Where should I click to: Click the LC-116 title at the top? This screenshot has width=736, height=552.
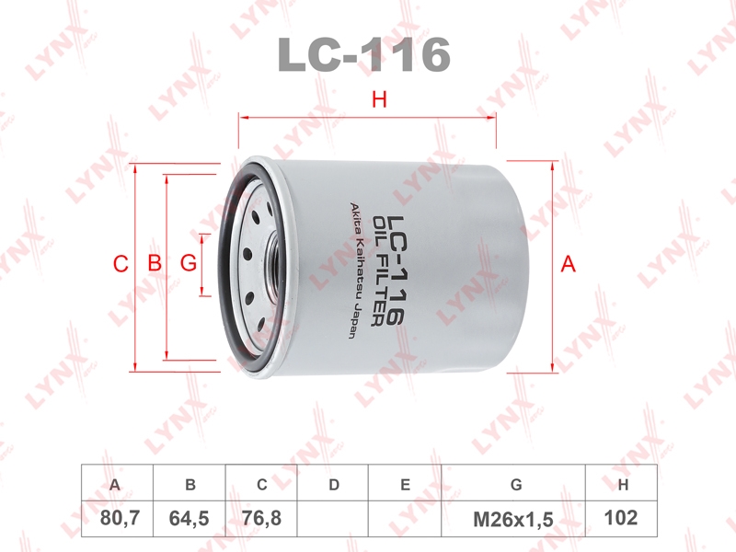pyautogui.click(x=364, y=55)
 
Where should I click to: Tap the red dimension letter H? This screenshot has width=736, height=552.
pyautogui.click(x=379, y=99)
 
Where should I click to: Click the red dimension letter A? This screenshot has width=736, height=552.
pyautogui.click(x=568, y=264)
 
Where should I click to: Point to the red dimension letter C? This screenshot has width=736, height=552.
pyautogui.click(x=121, y=264)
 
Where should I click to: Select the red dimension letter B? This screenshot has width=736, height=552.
pyautogui.click(x=155, y=263)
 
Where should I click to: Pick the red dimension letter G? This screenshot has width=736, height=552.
pyautogui.click(x=189, y=263)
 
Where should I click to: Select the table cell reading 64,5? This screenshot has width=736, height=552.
pyautogui.click(x=190, y=519)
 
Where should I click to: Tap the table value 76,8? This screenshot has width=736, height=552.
pyautogui.click(x=261, y=519)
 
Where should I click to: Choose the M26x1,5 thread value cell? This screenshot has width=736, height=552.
pyautogui.click(x=513, y=519)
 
